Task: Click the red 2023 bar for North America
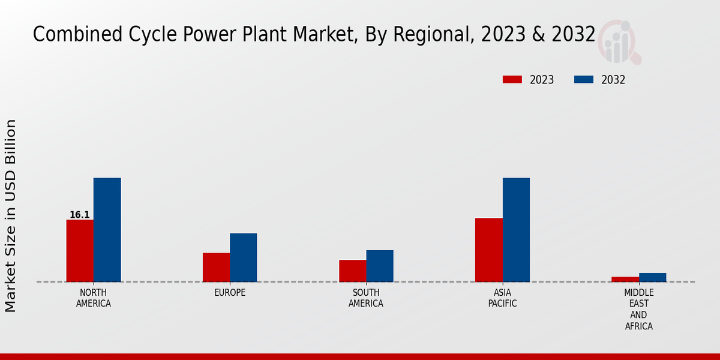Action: coord(80,251)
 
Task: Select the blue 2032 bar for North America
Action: coord(107,230)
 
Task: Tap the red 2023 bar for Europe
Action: coord(216,268)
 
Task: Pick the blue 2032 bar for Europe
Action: coord(243,257)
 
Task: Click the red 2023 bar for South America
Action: coord(352,271)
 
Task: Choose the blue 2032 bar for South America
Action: coord(380,266)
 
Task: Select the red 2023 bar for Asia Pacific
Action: coord(488,250)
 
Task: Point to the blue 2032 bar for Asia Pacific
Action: coord(516,230)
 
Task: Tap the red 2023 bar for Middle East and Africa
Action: coord(625,279)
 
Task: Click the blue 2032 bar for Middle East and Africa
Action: coord(652,277)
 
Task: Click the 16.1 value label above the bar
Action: coord(80,215)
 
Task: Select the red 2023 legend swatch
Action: coord(512,80)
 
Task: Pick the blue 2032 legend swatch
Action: coord(584,80)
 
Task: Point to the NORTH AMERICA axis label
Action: coord(94,298)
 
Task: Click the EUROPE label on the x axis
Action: coord(230,293)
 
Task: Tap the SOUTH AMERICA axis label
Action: coord(366,298)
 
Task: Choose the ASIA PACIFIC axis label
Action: coord(502,298)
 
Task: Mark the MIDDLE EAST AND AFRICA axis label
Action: coord(638,310)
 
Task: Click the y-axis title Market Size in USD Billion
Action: coord(11,216)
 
